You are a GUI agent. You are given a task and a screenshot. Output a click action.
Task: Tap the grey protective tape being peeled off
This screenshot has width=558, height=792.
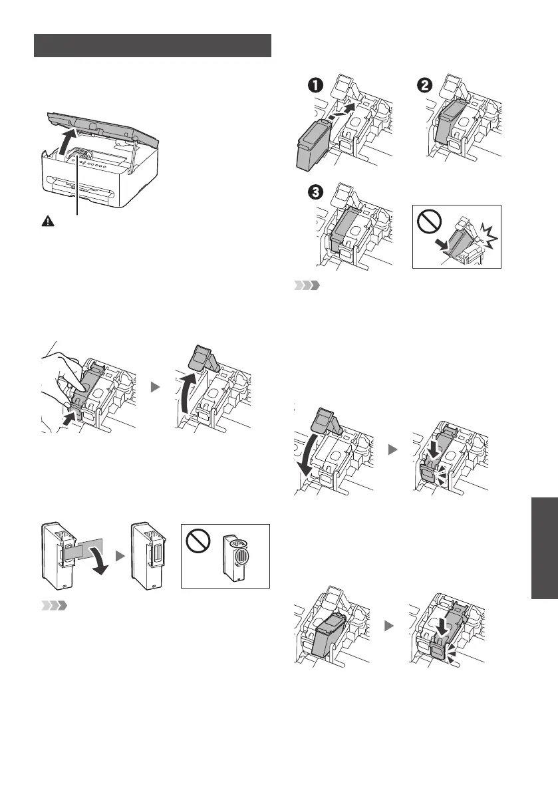79,553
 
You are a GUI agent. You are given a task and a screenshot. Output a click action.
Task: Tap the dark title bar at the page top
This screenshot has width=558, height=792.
153,45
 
